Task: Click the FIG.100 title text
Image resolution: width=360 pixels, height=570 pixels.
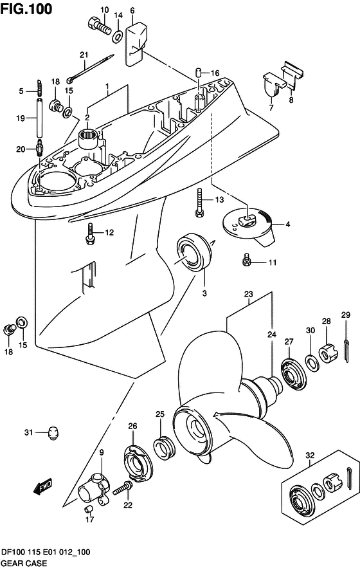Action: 26,9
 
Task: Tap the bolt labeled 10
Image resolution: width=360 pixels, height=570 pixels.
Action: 100,24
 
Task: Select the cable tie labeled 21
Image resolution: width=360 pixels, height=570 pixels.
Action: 90,69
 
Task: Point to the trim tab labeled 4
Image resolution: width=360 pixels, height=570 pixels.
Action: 251,227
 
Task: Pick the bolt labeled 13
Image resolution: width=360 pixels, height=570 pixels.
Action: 199,203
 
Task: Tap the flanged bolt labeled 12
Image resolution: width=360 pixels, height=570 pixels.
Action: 89,234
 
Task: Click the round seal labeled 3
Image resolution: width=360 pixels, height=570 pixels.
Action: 194,251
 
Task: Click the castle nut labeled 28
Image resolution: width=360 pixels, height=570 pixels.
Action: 328,353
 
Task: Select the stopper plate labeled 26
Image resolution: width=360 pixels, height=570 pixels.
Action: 138,464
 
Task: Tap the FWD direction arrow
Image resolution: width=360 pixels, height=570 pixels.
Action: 43,486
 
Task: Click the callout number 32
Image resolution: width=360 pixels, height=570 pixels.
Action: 310,455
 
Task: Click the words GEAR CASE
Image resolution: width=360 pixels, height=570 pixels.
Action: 24,563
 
